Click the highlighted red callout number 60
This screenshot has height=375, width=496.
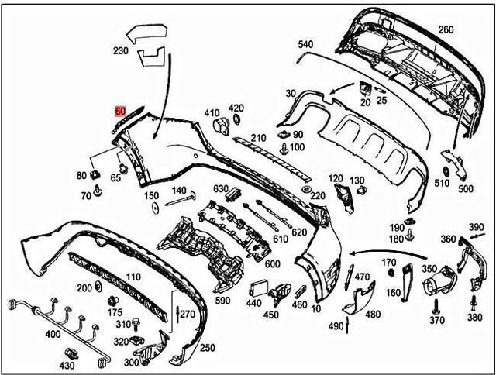[120, 111]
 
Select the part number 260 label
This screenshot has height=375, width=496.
[446, 30]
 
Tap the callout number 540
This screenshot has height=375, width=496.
[305, 44]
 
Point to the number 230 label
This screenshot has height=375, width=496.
[120, 51]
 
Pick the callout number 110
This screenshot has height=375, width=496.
[133, 277]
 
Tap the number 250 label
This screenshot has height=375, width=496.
[208, 349]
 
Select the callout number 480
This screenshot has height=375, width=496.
[373, 315]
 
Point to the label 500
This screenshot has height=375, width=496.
[465, 188]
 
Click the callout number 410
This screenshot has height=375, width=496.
[212, 114]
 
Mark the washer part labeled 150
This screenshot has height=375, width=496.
[154, 208]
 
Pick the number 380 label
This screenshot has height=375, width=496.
[475, 318]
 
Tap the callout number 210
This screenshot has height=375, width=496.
[259, 138]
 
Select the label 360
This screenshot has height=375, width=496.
[448, 239]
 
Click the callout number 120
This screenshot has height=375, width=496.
[336, 179]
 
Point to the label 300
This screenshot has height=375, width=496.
[131, 361]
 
